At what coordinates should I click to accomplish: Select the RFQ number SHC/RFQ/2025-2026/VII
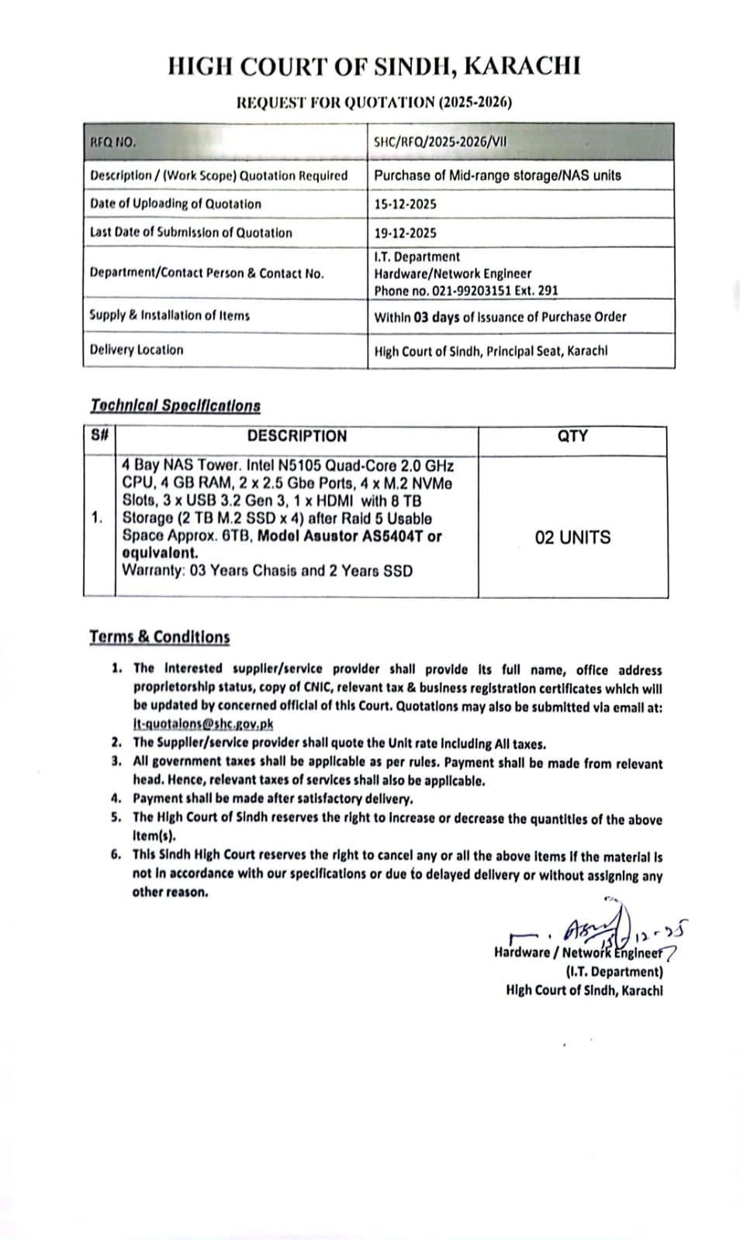point(441,143)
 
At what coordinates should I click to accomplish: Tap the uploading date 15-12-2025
point(405,204)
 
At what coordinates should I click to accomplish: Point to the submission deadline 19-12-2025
point(405,232)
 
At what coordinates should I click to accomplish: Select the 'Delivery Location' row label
point(137,350)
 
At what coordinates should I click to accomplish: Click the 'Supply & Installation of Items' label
point(169,315)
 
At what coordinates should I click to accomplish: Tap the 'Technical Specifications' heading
point(175,405)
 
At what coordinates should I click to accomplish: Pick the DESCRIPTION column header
point(297,436)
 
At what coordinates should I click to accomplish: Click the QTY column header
point(572,436)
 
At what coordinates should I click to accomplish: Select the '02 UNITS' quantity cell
point(572,537)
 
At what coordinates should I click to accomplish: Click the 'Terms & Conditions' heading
point(160,637)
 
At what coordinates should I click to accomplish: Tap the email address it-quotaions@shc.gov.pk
point(203,724)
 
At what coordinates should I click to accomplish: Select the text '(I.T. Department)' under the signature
point(614,972)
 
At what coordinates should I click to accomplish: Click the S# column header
point(99,436)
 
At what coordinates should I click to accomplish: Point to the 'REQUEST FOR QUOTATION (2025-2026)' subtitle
point(374,102)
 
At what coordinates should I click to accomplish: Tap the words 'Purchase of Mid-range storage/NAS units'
point(497,175)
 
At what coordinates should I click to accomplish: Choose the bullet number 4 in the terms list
point(116,797)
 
